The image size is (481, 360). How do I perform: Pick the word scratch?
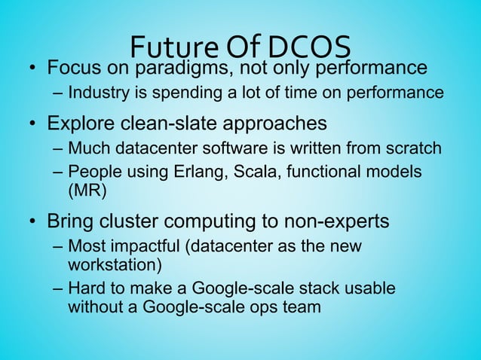pos(414,147)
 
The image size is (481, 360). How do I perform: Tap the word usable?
pos(371,288)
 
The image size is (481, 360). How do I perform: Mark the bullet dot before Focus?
pos(33,69)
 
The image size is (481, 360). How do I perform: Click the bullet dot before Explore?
pos(33,122)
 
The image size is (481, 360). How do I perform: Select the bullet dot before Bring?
pos(33,222)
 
